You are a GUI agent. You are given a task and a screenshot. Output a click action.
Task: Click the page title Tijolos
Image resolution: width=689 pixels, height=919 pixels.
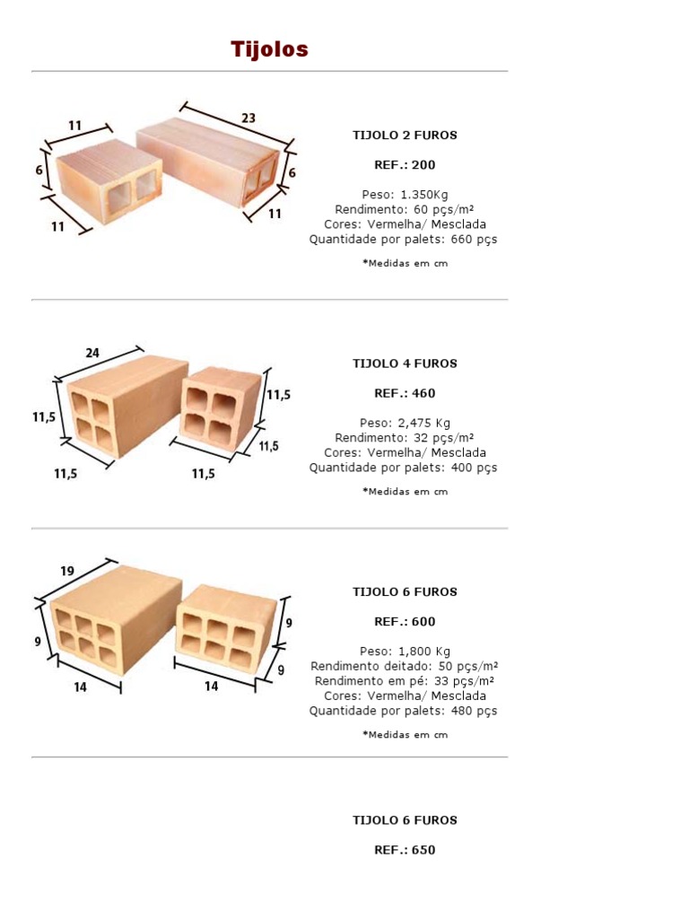pos(269,49)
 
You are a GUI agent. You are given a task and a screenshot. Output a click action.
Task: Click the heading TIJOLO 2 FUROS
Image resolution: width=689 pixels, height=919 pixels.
pos(405,136)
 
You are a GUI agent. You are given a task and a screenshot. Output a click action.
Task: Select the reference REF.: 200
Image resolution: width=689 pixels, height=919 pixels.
pos(405,165)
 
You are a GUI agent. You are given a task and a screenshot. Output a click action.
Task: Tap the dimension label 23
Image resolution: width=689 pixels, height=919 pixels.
pos(249,118)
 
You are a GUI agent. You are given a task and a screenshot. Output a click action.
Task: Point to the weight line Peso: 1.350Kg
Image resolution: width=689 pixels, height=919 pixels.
pos(405,194)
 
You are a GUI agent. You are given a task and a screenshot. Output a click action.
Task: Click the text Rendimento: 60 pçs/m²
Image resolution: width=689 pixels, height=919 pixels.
pos(405,209)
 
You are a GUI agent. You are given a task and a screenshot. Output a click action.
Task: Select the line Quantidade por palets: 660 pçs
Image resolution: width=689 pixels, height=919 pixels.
pos(404,240)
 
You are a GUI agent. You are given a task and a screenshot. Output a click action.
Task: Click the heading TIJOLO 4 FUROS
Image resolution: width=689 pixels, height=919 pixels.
pos(405,363)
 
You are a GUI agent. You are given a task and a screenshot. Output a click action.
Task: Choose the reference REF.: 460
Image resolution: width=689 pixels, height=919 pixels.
pos(405,393)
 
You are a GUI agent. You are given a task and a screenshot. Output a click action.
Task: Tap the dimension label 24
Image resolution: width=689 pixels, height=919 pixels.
pos(93,353)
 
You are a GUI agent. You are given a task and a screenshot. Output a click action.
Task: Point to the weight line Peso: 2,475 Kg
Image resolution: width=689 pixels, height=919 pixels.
pos(405,423)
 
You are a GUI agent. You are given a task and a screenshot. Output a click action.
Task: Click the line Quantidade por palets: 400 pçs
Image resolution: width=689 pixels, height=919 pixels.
pos(404,468)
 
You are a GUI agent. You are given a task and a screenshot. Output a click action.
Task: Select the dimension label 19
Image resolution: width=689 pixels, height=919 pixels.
pos(67,570)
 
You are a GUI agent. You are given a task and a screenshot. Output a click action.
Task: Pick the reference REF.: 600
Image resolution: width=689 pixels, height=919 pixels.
pos(405,622)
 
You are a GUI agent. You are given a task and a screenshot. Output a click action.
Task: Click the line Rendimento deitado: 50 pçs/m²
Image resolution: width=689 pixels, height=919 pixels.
pos(405,666)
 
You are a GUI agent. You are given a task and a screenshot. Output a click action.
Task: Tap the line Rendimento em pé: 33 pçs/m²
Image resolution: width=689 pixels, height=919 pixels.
pos(405,681)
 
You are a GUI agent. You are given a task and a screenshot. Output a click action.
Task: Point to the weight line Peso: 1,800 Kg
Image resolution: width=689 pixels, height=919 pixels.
pos(405,652)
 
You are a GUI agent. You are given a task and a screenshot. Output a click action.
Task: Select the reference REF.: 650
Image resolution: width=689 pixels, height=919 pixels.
pos(405,850)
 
